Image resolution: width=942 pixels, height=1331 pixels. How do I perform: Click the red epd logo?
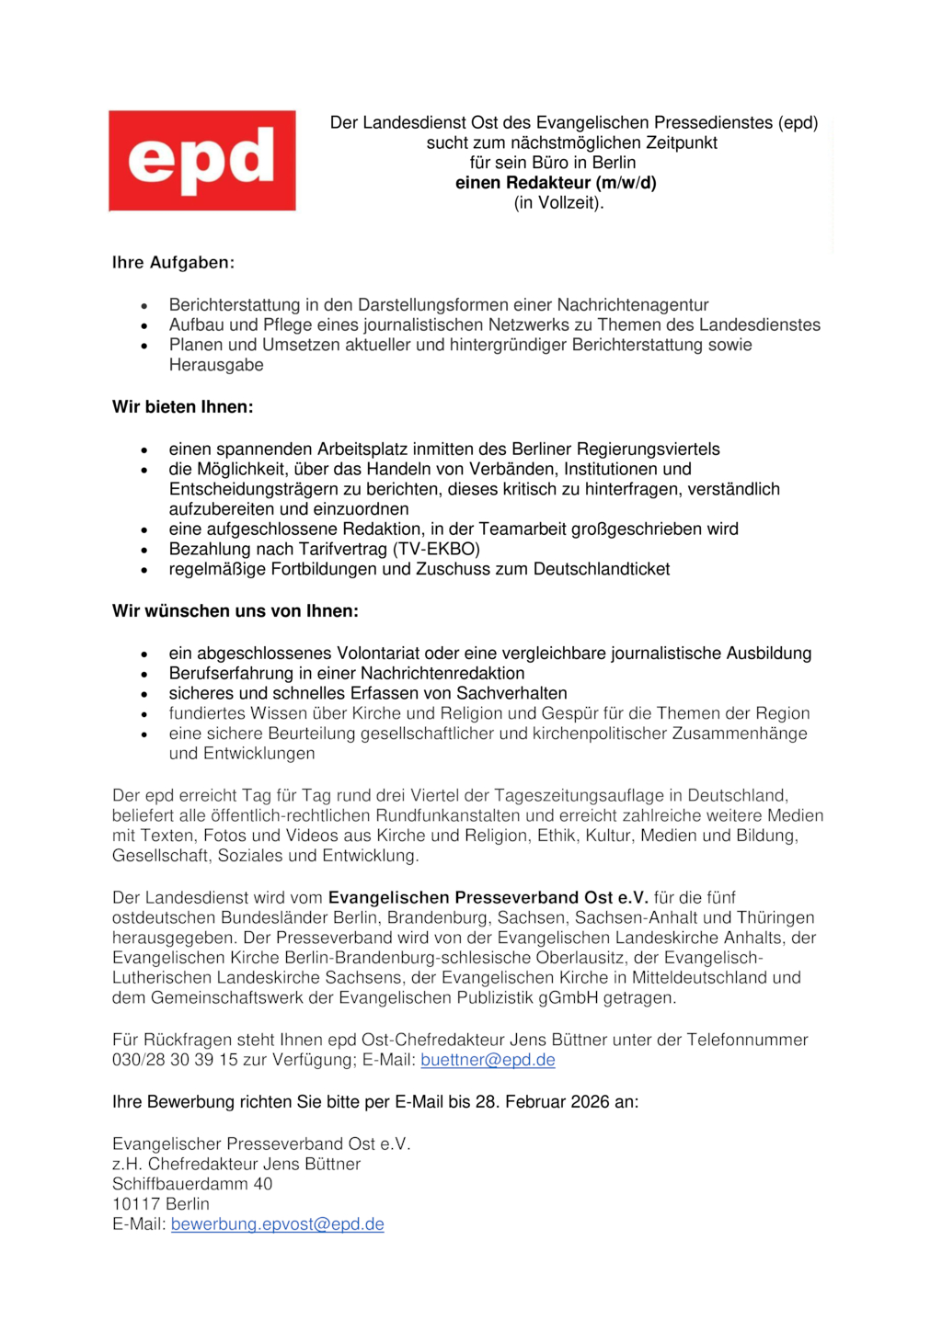click(x=202, y=161)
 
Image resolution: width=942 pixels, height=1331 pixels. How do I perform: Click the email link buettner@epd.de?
click(x=488, y=1060)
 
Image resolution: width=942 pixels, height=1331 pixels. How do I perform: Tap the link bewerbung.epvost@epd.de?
click(x=277, y=1224)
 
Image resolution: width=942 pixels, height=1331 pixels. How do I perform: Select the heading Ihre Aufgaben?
click(x=173, y=263)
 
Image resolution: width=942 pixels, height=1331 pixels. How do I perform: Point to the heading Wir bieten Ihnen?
click(x=182, y=406)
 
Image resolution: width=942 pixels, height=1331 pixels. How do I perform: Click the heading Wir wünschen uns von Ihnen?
click(x=235, y=611)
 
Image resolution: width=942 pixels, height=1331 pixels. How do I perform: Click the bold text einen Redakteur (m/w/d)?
click(x=556, y=183)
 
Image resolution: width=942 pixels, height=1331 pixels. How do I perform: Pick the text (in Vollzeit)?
click(x=558, y=203)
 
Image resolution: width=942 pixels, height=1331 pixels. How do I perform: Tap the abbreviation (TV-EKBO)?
click(x=436, y=550)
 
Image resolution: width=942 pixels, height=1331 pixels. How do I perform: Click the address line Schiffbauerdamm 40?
click(x=192, y=1184)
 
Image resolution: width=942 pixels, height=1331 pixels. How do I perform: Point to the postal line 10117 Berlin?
click(x=161, y=1204)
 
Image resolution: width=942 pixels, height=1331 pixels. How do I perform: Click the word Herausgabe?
click(x=216, y=366)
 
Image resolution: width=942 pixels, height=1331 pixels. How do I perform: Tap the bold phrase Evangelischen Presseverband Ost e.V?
click(x=488, y=898)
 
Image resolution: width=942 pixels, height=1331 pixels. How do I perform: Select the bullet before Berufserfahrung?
click(x=144, y=675)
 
